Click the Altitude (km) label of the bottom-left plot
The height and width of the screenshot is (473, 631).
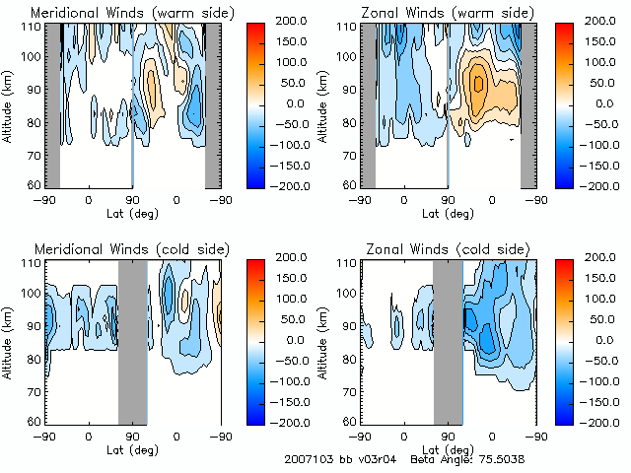[x=9, y=341]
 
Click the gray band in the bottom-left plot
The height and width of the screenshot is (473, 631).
[x=132, y=340]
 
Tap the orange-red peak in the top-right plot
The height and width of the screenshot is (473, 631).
[x=478, y=84]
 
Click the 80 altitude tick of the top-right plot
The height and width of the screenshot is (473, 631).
[x=346, y=122]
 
